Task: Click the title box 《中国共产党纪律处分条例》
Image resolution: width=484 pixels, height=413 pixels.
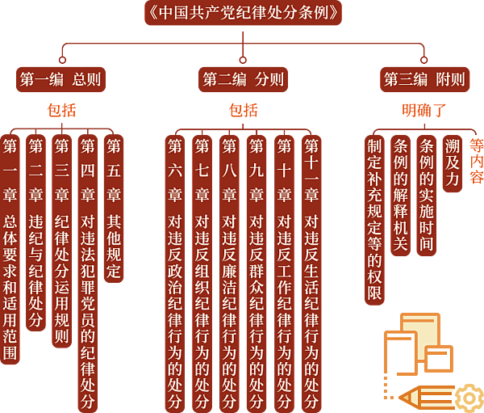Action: pos(244,13)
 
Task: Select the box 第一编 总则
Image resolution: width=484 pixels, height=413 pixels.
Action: pos(60,79)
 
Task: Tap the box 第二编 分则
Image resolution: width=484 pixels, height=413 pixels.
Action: pos(244,79)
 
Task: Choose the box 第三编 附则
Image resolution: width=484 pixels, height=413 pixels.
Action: pos(425,79)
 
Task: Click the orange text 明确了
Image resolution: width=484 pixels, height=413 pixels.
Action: pos(424,111)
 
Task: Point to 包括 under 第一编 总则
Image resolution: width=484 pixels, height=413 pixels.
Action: pos(62,111)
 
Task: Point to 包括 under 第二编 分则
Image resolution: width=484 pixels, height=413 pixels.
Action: pos(244,111)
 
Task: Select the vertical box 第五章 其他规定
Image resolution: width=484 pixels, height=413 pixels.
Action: pos(114,209)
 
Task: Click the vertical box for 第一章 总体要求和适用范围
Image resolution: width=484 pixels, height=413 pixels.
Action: pos(10,250)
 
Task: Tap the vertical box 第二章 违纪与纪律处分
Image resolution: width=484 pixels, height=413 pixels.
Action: pos(35,233)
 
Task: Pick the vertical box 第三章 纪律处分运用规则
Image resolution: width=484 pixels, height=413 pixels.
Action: pos(62,242)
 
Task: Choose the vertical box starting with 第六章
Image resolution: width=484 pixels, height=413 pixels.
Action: pos(175,274)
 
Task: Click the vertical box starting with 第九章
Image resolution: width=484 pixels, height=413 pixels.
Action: pos(257,274)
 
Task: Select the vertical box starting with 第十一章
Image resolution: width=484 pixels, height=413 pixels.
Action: pos(311,274)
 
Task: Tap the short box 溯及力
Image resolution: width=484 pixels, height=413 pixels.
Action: pos(453,163)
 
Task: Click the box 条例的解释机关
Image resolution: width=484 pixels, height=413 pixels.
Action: pos(401,196)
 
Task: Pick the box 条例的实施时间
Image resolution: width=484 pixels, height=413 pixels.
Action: pos(427,196)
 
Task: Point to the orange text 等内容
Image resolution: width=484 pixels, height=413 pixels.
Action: pos(477,162)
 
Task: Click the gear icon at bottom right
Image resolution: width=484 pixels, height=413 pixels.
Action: pos(469,398)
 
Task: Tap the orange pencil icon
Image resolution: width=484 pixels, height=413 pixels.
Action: pos(427,397)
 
